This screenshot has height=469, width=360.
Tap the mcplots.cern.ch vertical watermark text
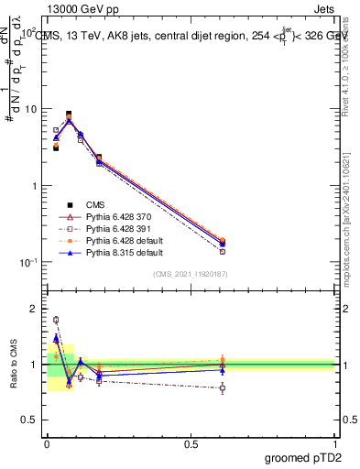(349, 238)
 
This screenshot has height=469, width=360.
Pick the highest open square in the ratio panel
(56, 320)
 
